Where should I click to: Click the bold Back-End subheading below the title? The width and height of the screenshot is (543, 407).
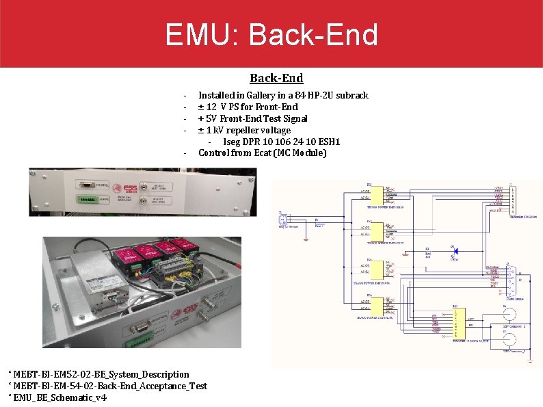tap(276, 78)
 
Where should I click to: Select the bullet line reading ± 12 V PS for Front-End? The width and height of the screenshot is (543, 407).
tap(248, 107)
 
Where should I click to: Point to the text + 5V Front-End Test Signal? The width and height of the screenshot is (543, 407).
tap(253, 118)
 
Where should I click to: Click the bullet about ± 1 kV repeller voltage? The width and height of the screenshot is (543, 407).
tap(244, 130)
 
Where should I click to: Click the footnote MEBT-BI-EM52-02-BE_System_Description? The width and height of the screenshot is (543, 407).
tap(101, 374)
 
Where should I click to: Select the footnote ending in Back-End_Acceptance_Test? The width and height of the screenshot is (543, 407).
tap(109, 386)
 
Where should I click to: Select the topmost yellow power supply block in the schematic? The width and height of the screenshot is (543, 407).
tap(375, 195)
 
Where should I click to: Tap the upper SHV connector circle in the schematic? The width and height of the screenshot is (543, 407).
tap(509, 315)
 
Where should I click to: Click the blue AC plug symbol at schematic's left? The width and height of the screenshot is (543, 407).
tap(281, 220)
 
